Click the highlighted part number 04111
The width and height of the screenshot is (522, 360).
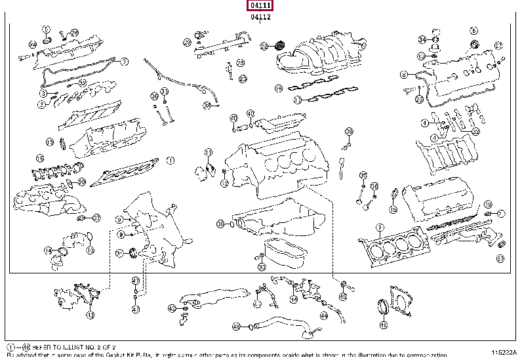pyautogui.click(x=260, y=6)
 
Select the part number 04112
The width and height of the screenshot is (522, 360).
pyautogui.click(x=260, y=17)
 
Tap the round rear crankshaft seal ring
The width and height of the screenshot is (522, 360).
pyautogui.click(x=384, y=308)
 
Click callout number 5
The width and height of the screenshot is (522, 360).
pyautogui.click(x=45, y=30)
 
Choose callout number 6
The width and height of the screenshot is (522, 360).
pyautogui.click(x=472, y=30)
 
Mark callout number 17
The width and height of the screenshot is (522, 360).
pyautogui.click(x=296, y=100)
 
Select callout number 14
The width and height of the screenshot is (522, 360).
pyautogui.click(x=48, y=250)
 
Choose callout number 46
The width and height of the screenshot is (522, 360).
pyautogui.click(x=384, y=325)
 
